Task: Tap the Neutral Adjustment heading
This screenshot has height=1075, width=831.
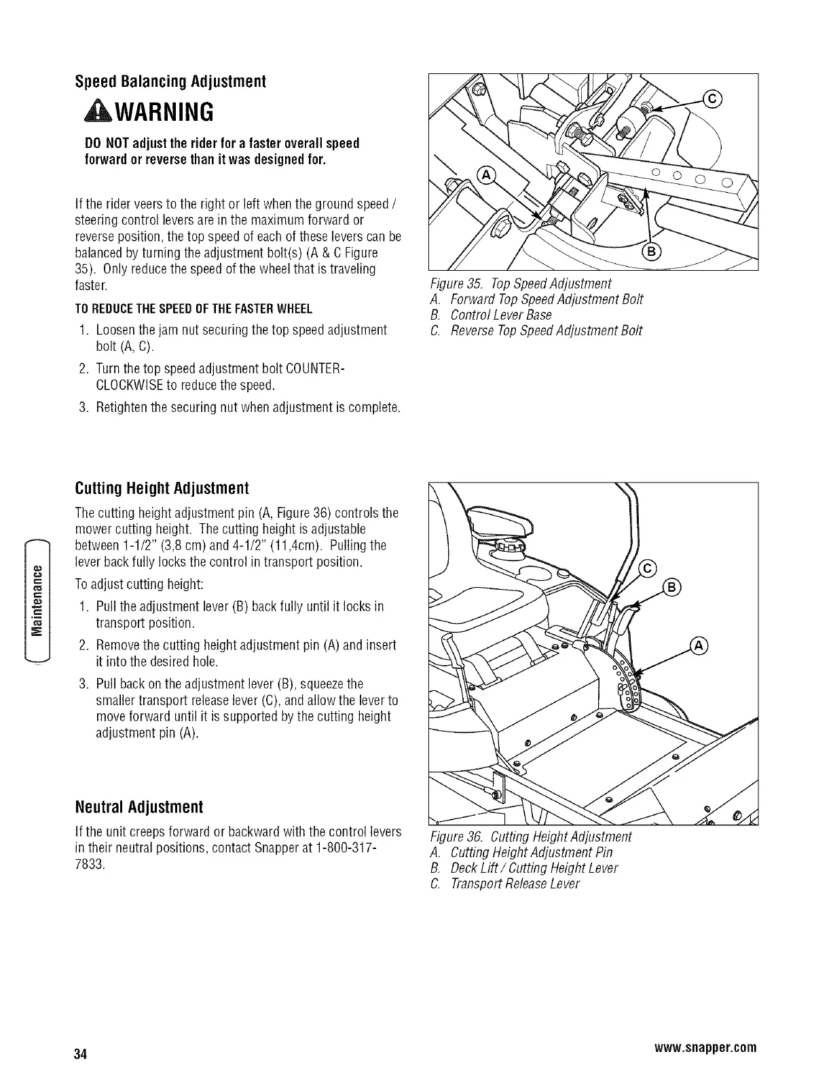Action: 139,808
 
